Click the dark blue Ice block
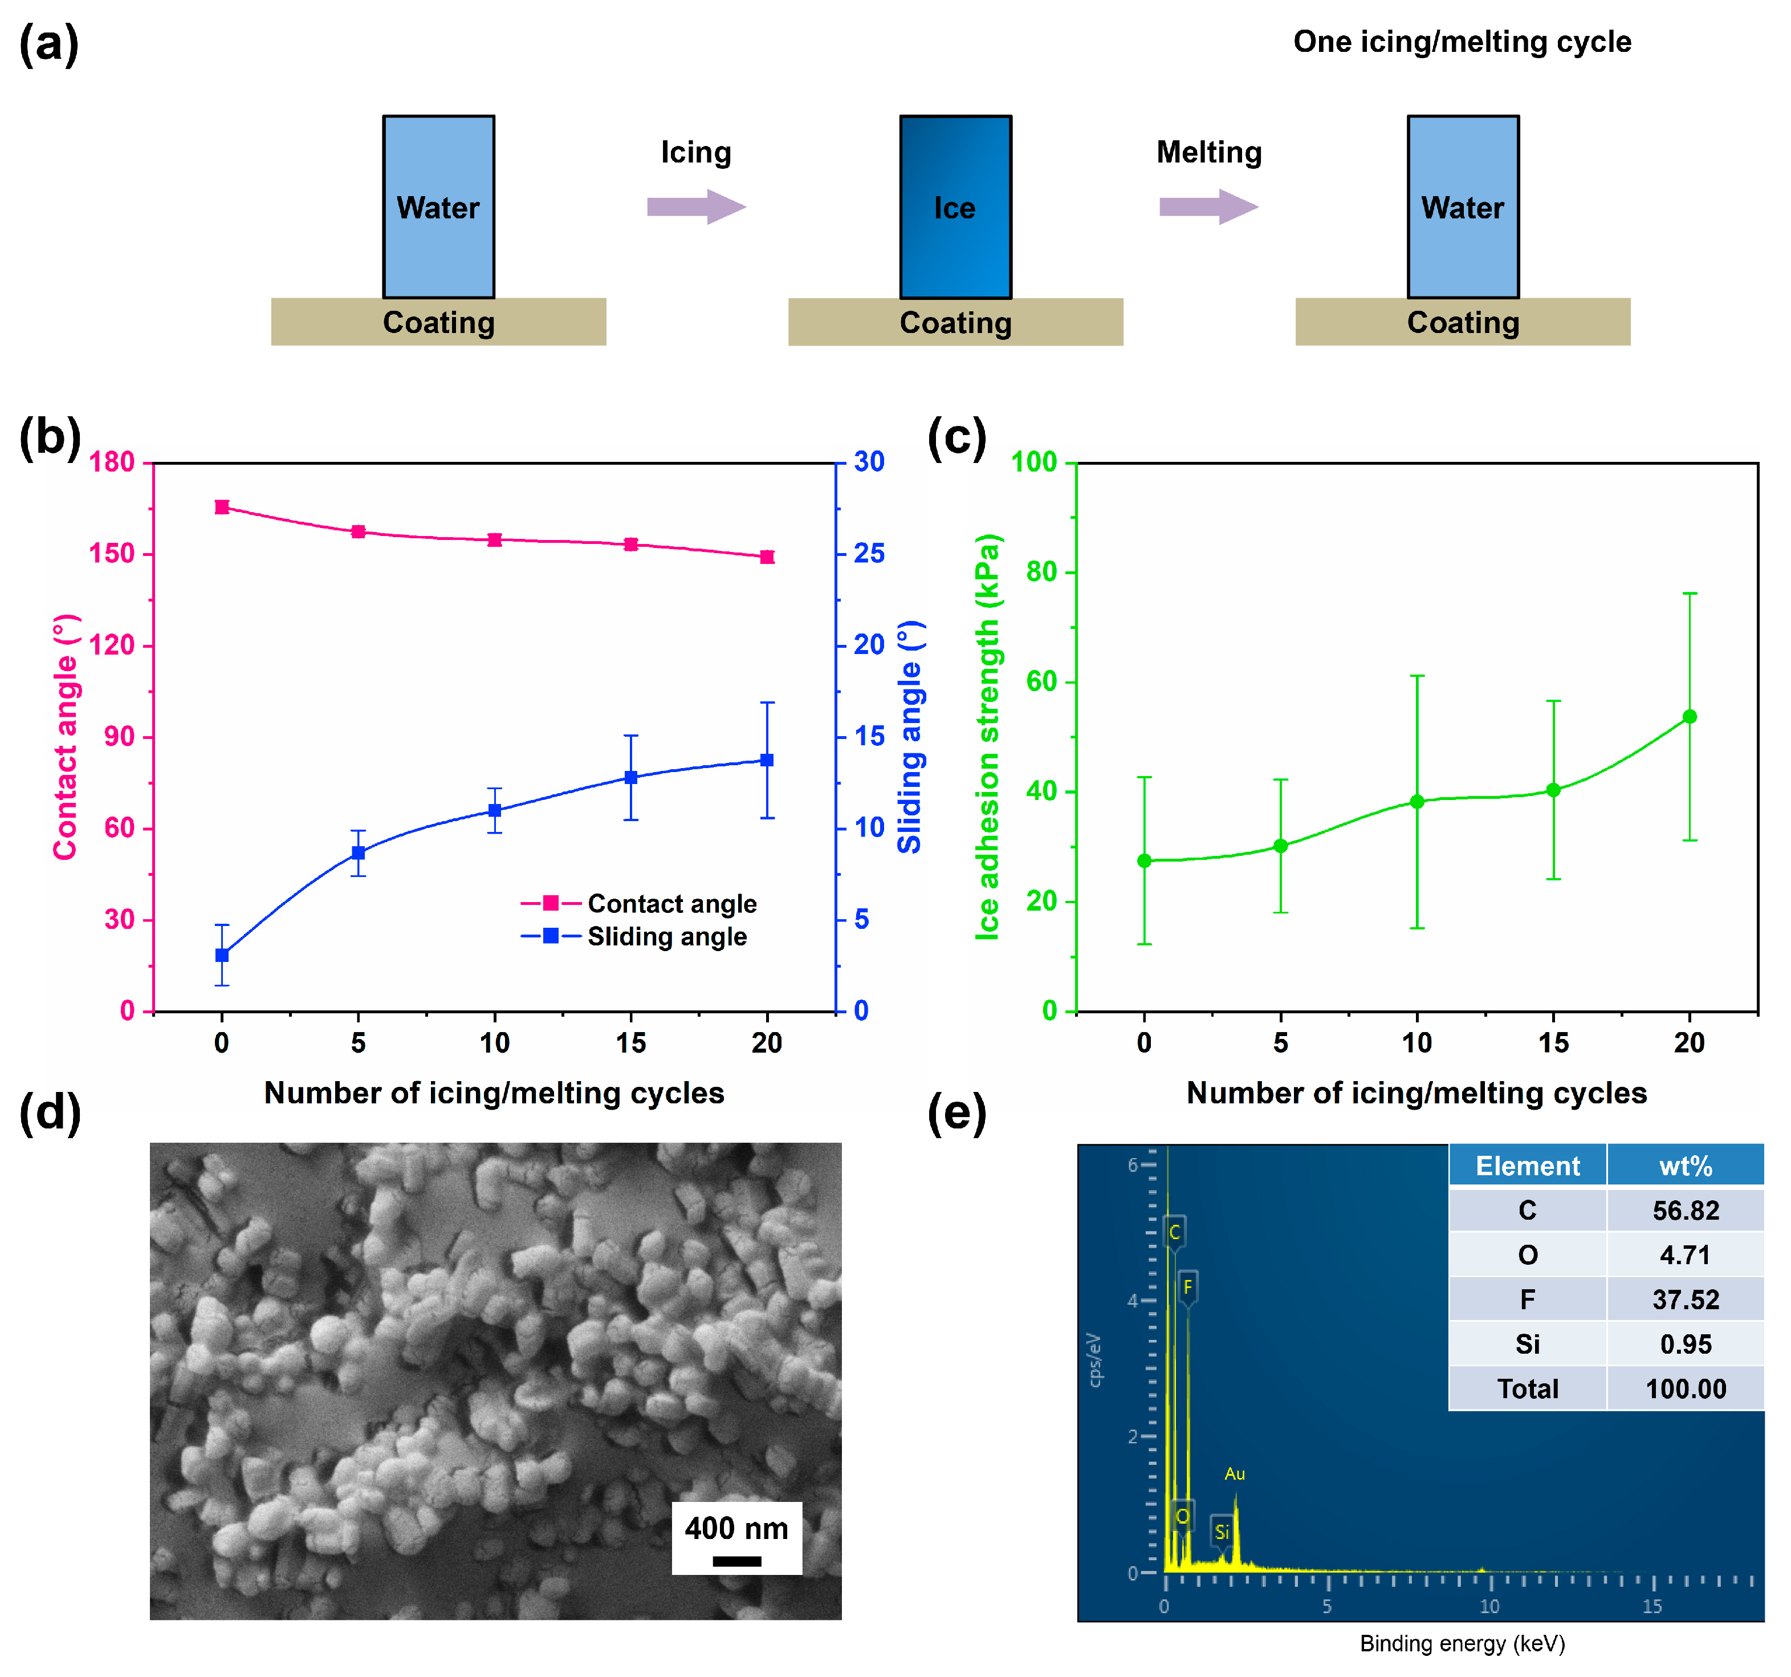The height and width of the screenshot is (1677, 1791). tap(955, 207)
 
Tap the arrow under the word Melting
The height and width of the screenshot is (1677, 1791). tap(1208, 207)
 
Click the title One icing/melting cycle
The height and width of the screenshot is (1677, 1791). tap(1462, 42)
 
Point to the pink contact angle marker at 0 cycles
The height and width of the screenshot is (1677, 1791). tap(222, 507)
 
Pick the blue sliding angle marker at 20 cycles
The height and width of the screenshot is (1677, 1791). tap(767, 761)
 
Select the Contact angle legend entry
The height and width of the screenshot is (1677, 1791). tap(671, 904)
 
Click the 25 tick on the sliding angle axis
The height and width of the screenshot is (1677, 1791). tap(869, 553)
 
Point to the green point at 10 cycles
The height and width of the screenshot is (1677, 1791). tap(1416, 802)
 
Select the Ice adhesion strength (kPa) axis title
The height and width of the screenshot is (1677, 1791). tap(988, 737)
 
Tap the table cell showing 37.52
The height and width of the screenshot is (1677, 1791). tap(1685, 1300)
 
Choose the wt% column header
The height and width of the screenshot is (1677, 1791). tap(1685, 1166)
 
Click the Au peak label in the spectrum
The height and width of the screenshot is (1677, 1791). tap(1234, 1474)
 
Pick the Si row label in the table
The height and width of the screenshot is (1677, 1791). tap(1527, 1345)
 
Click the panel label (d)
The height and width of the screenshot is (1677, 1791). tap(50, 1113)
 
